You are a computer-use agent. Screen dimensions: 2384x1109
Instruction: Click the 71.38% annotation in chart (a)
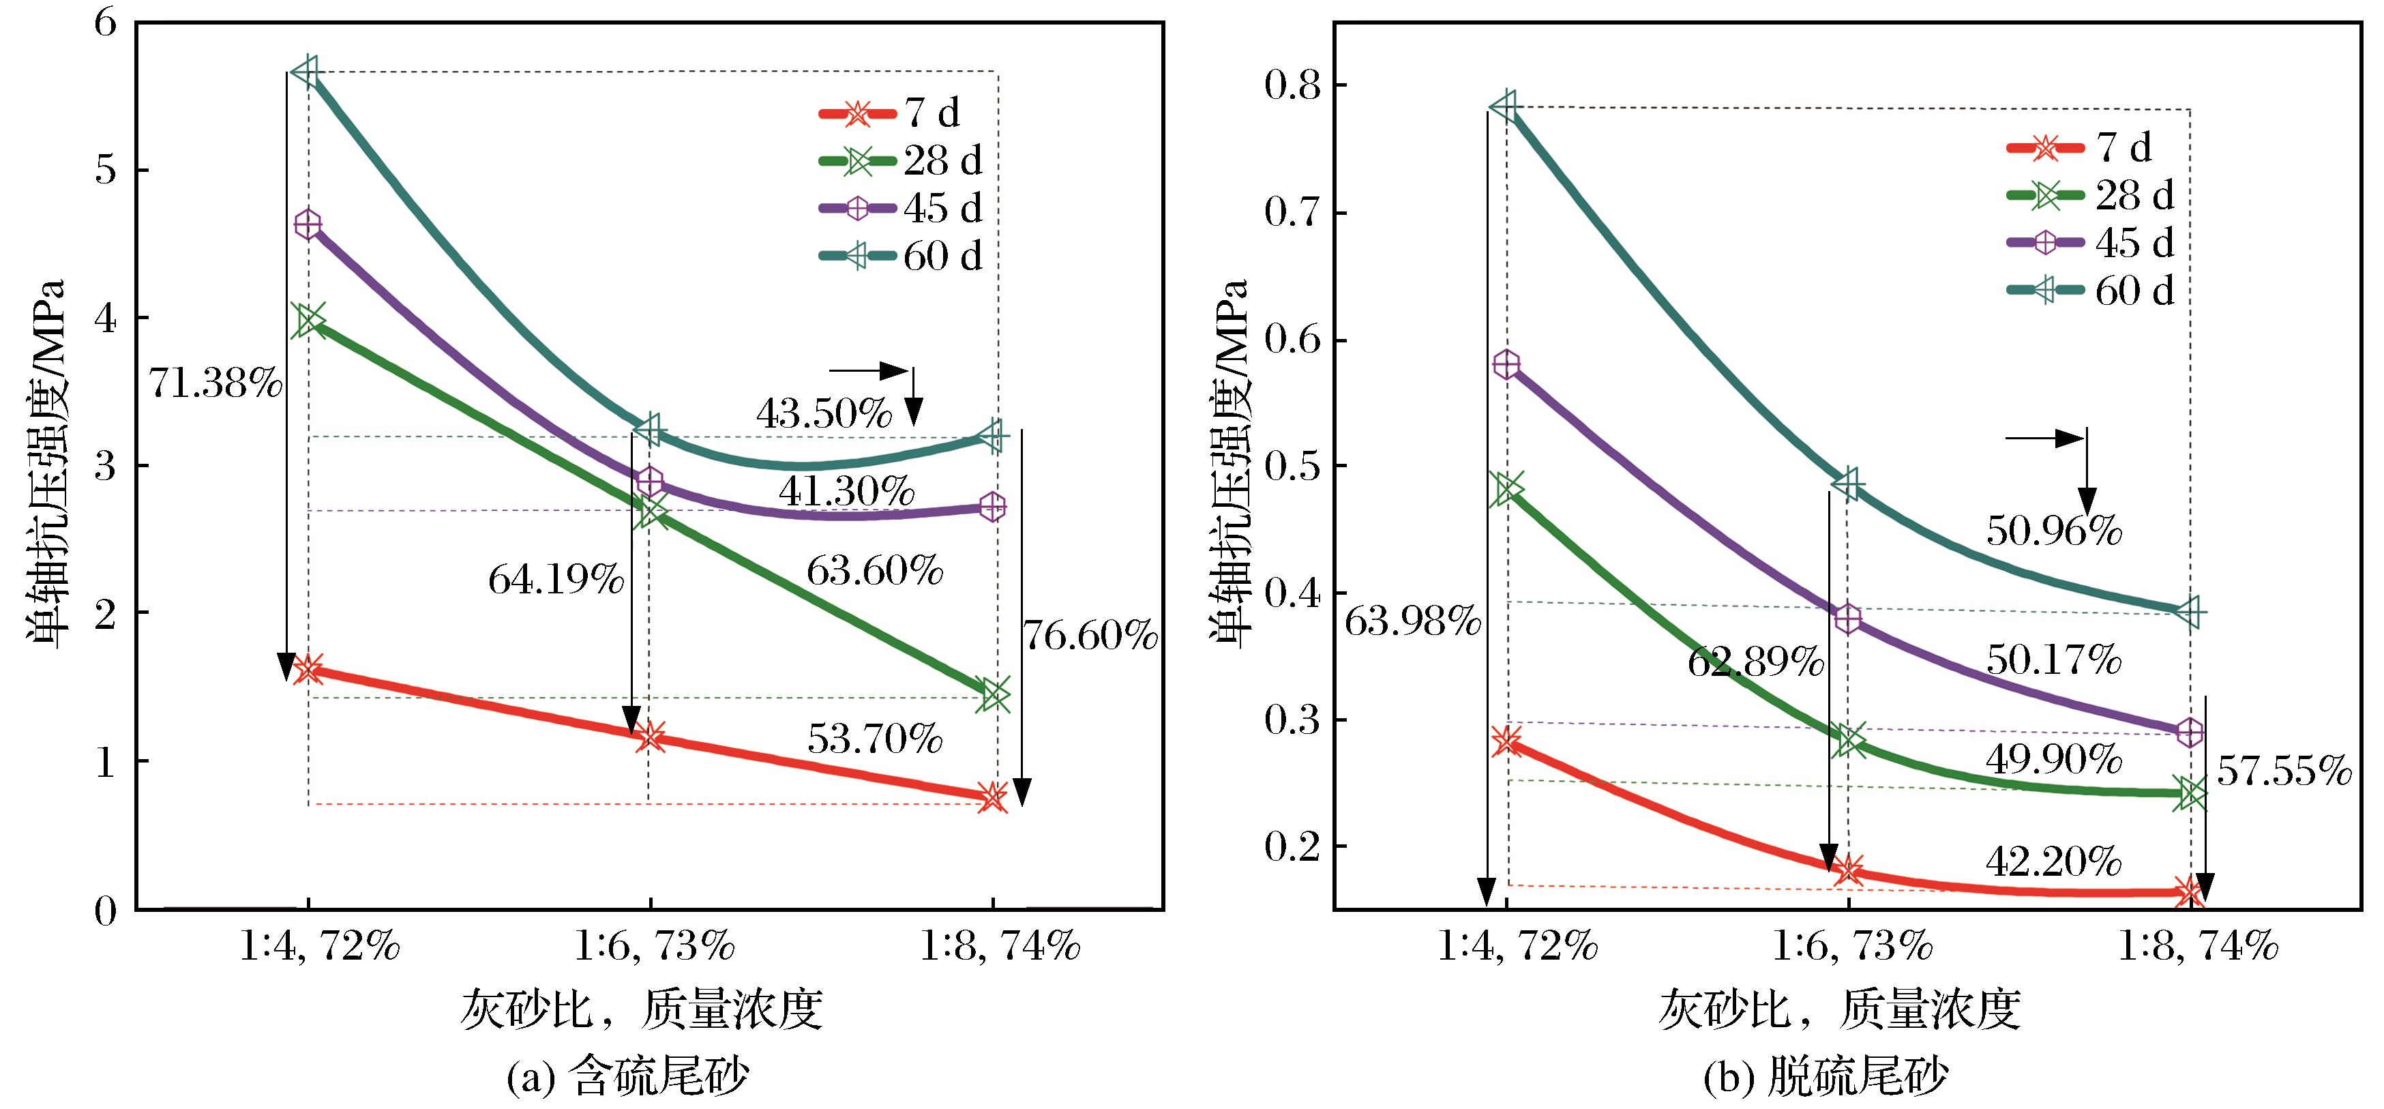(x=215, y=383)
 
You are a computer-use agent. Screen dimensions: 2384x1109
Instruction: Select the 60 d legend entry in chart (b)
(x=2089, y=291)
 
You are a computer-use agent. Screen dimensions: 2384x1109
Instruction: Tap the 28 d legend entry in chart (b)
(x=2089, y=194)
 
